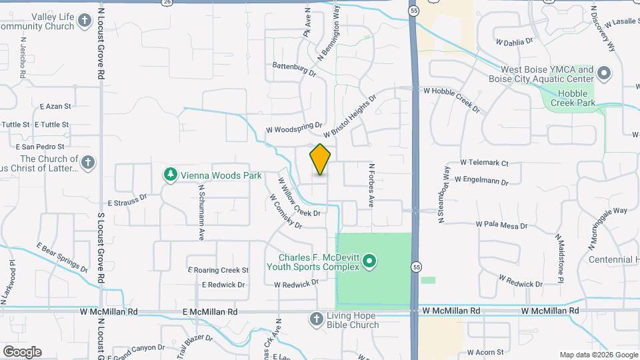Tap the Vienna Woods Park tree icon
171,175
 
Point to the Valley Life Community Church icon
84,21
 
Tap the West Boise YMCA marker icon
604,73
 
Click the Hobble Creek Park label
577,99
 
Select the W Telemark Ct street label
484,163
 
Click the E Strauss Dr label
127,199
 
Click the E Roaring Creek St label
218,270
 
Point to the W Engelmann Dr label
481,180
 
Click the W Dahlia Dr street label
515,41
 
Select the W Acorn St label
485,351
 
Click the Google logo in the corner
22,352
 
